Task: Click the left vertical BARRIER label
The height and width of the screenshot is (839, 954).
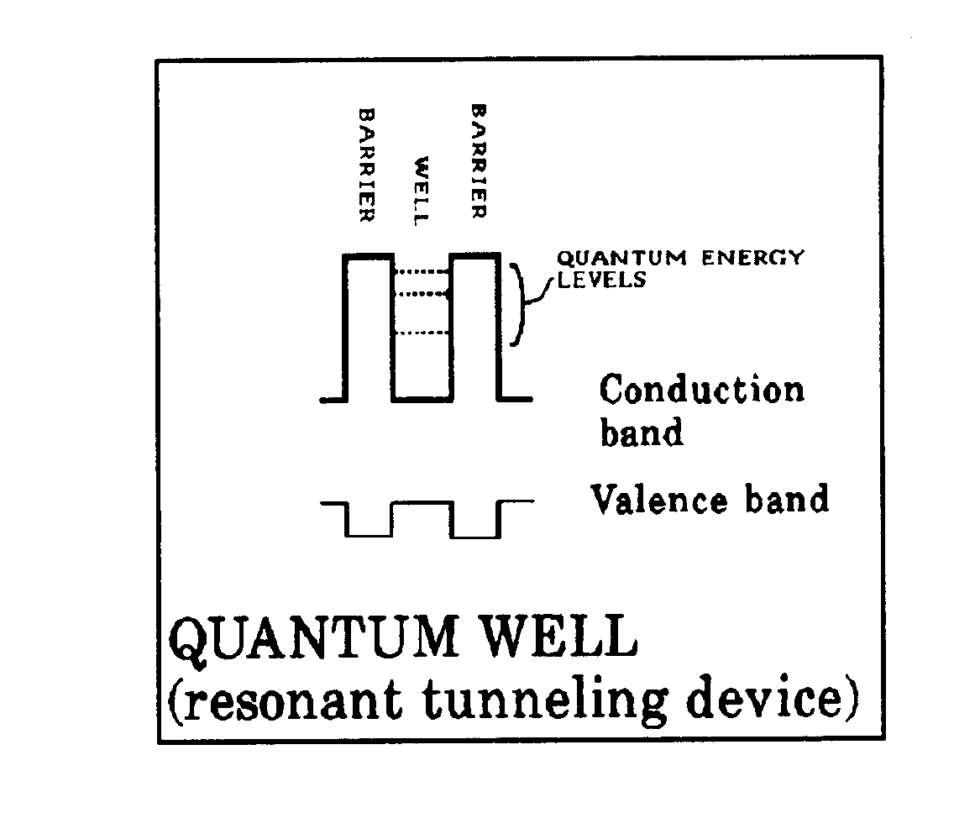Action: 367,164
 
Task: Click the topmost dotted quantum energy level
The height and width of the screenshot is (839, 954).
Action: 422,271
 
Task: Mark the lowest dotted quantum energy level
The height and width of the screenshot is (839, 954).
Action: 422,333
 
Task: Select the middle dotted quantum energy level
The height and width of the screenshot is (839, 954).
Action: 422,294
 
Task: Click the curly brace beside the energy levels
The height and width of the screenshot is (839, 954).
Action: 526,304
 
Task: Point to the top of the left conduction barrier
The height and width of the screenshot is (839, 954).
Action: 368,255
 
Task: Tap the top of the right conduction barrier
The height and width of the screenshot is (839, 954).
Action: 475,255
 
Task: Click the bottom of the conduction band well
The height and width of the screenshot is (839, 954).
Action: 422,400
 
